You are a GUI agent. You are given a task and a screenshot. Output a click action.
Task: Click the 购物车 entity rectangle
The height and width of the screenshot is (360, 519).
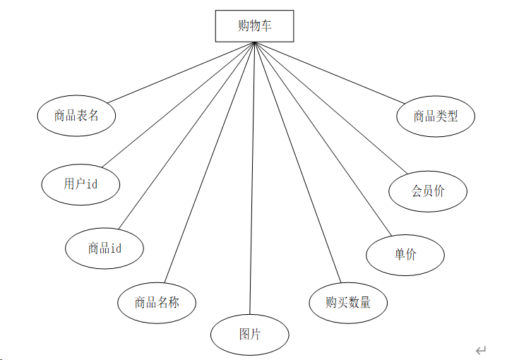pos(254,27)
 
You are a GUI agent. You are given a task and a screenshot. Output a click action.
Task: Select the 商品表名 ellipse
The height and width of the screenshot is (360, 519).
pos(76,115)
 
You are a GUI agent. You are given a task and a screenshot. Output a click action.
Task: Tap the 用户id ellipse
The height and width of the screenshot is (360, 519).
pos(80,184)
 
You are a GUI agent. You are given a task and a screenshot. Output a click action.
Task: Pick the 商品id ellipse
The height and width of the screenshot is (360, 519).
pos(105,248)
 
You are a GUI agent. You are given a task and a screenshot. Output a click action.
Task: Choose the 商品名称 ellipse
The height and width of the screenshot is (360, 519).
pos(157,302)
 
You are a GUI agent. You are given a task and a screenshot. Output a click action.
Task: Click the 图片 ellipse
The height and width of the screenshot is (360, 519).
pos(249,333)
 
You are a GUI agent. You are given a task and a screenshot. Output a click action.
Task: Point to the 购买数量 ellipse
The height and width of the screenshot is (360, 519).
pos(348,302)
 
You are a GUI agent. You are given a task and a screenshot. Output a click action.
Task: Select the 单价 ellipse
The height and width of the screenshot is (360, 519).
pos(405,254)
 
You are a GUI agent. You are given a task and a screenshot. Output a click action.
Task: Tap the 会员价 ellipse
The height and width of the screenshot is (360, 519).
pos(428,190)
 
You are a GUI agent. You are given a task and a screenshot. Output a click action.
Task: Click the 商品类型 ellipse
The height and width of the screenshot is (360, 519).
pos(436,116)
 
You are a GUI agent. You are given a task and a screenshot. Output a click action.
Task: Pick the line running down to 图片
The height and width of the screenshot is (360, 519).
pos(252,176)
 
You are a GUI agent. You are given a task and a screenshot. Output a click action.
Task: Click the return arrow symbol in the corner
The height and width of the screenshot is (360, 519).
pos(481,350)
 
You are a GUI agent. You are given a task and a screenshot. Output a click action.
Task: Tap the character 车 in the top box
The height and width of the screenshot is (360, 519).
pos(265,27)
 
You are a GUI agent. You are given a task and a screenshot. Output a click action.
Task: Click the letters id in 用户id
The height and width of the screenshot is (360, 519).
pos(91,184)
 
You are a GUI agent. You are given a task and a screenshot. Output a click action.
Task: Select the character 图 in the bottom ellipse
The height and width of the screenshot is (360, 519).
pos(244,333)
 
